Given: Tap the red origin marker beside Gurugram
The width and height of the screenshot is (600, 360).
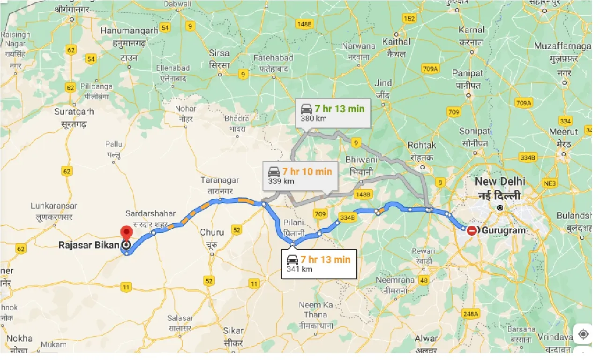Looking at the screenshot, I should coord(472,230).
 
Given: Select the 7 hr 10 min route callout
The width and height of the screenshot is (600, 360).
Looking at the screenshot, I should coord(300,176).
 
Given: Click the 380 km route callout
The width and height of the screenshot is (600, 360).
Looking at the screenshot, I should coord(332,113).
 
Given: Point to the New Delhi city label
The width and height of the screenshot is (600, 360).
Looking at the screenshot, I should coord(500,181).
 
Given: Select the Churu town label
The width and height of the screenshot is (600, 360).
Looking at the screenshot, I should coord(212,232).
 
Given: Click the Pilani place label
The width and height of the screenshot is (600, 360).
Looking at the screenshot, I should coord(294,223).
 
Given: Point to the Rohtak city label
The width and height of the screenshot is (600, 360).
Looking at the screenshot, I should coord(422,145).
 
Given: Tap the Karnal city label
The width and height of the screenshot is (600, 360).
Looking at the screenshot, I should coord(472,30).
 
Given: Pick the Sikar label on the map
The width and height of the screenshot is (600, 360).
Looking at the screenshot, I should coord(233,330).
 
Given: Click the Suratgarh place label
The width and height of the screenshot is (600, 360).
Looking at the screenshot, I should coord(74,112).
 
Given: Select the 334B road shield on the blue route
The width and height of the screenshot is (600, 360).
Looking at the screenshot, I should coord(347,217).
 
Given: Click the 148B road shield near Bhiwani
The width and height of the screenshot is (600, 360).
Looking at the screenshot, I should coord(363,194).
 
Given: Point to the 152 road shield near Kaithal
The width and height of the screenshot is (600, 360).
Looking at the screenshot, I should coord(409,18).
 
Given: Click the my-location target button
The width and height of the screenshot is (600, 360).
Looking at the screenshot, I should coord(584,334).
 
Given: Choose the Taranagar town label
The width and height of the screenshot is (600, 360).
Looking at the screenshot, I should coord(220,180).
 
